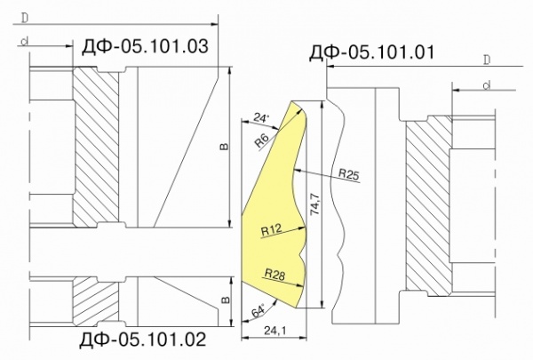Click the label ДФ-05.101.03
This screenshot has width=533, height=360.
(145, 46)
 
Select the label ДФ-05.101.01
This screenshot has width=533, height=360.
(371, 52)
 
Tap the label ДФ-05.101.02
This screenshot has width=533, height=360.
(143, 339)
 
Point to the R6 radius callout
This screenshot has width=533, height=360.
(262, 140)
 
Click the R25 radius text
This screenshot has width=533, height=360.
(349, 174)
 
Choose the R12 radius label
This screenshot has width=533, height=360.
(271, 230)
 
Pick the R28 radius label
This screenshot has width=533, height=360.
(274, 275)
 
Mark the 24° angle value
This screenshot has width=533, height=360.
(261, 117)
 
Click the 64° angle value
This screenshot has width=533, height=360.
(258, 312)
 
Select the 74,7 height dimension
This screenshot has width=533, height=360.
(315, 204)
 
